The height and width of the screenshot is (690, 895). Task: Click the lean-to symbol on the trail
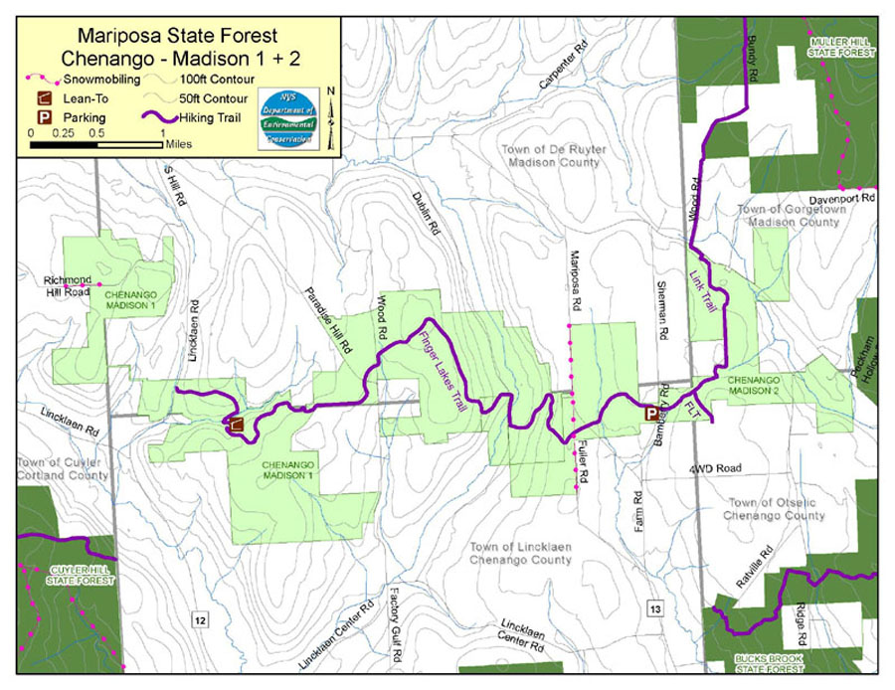235,427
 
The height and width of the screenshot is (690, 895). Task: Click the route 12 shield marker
201,620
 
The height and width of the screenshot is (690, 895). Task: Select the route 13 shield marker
653,607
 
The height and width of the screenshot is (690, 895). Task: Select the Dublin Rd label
424,212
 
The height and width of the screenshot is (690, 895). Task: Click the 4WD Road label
715,467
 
